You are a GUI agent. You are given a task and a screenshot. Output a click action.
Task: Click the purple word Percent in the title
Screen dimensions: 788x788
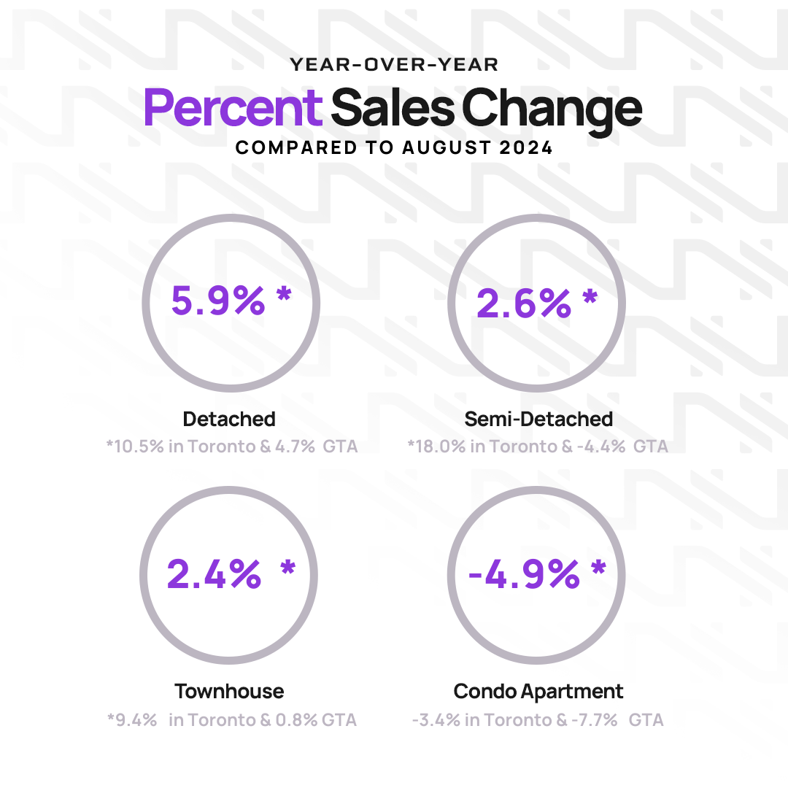click(233, 107)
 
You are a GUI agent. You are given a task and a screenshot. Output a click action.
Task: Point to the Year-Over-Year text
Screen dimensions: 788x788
click(394, 65)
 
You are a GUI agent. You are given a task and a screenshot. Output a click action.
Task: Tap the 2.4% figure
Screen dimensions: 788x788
click(214, 573)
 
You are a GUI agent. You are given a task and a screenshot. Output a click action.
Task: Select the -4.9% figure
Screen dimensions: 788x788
click(523, 574)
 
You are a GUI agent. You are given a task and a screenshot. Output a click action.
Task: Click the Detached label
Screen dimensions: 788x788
click(229, 419)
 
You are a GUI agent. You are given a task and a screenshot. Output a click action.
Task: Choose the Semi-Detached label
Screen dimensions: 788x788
click(538, 419)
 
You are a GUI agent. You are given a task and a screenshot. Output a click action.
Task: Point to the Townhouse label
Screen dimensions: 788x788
click(229, 691)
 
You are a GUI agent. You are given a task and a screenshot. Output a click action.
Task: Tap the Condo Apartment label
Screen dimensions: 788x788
click(538, 691)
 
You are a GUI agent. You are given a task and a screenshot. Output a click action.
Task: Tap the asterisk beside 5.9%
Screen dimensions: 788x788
click(284, 296)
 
